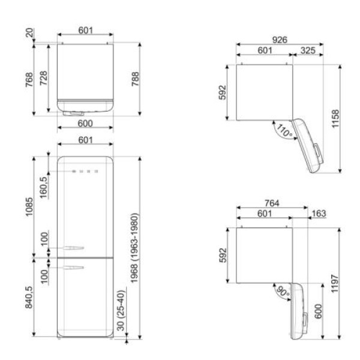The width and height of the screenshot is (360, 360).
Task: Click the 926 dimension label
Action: click(280, 40)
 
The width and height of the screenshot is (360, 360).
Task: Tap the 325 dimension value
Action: click(308, 50)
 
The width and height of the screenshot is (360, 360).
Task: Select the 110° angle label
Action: click(284, 130)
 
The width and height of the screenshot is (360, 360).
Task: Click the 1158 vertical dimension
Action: click(335, 119)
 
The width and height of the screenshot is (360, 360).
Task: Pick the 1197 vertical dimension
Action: click(335, 284)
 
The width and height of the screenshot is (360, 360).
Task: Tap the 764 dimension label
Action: click(272, 203)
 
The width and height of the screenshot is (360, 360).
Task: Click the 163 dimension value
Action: click(319, 214)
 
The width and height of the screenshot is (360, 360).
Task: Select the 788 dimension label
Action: click(135, 79)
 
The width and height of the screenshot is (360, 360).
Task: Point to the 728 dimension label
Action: click(43, 78)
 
